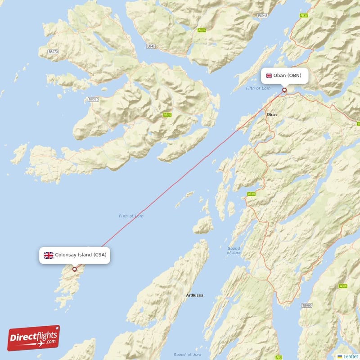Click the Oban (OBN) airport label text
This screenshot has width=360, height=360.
click(x=287, y=75)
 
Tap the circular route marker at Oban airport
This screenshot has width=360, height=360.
click(x=284, y=90)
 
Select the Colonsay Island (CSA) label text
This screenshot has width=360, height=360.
click(x=81, y=255)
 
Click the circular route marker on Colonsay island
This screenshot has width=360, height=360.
click(x=75, y=270)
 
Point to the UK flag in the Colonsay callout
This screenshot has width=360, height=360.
click(x=49, y=255)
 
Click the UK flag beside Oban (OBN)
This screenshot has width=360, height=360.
click(x=269, y=75)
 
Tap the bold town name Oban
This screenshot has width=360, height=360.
click(x=272, y=115)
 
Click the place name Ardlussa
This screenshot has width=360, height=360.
click(x=194, y=295)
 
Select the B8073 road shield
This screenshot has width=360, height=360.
click(x=54, y=52)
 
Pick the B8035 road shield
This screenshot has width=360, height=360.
click(x=94, y=99)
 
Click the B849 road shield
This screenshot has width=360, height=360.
click(x=151, y=46)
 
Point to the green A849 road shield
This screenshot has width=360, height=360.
click(x=167, y=115)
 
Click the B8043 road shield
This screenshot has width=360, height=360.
click(x=262, y=16)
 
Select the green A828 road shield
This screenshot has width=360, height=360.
click(x=304, y=16)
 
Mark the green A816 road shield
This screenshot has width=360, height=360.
click(x=251, y=194)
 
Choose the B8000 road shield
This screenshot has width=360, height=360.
click(x=307, y=306)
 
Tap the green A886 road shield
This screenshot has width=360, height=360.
click(x=343, y=286)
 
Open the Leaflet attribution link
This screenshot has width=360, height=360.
click(x=350, y=356)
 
